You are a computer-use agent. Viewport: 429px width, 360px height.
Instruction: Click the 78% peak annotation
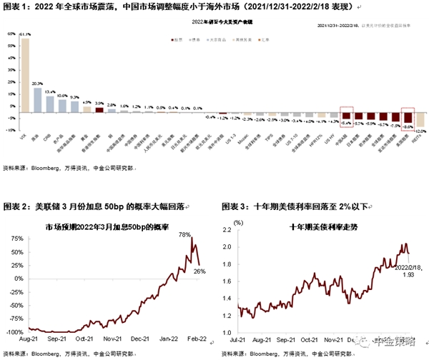183,235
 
